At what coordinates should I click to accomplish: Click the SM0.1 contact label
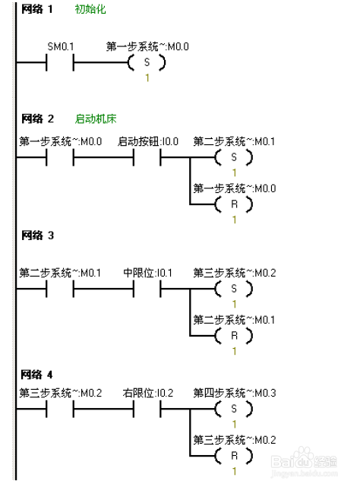61,46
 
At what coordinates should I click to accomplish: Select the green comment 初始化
90,9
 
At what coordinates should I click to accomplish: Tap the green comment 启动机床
96,119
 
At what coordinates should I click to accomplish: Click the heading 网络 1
37,9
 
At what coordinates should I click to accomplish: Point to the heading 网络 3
37,236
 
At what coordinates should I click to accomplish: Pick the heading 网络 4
36,375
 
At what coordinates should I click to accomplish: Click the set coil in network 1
147,62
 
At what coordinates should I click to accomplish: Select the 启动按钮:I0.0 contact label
148,141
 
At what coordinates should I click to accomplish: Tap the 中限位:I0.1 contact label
147,273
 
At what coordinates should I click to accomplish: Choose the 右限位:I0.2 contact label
148,394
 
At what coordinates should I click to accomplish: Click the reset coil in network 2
234,204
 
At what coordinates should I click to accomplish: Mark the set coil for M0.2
234,289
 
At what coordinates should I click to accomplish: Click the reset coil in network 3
234,336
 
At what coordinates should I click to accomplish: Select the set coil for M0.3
234,409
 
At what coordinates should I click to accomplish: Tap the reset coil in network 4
234,456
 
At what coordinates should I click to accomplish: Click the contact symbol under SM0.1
60,62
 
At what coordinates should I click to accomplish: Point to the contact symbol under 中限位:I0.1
147,289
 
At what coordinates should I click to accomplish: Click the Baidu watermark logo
304,462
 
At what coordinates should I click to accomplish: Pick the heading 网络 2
37,119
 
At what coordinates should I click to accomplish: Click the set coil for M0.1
234,157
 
